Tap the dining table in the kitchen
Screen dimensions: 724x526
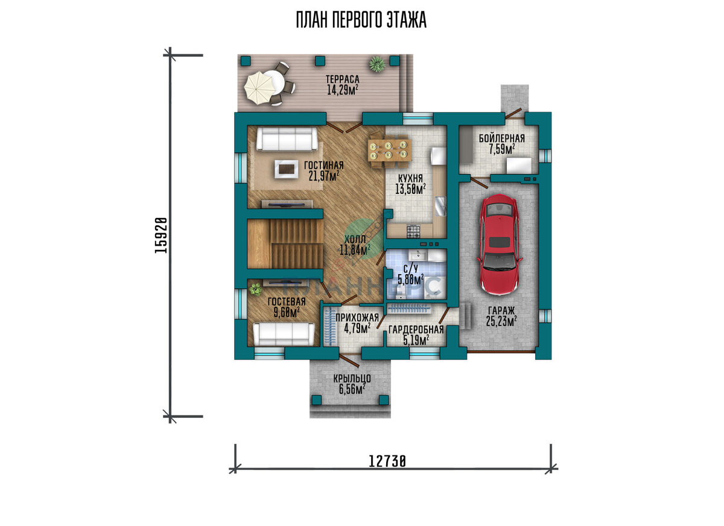(x=390, y=150)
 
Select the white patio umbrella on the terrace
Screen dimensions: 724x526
(x=259, y=88)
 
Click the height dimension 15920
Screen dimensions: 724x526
(x=161, y=235)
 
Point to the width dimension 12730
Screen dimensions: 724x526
(x=387, y=461)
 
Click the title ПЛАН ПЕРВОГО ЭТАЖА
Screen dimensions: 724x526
(x=361, y=20)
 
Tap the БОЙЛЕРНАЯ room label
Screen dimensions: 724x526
(x=501, y=138)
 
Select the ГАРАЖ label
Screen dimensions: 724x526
(x=501, y=310)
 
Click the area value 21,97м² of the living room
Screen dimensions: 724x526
(x=323, y=176)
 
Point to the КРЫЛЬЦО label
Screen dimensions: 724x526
(x=352, y=378)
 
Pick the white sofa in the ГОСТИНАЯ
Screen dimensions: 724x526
(x=287, y=138)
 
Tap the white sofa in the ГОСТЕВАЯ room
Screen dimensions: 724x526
(x=284, y=334)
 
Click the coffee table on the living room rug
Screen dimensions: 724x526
(x=287, y=168)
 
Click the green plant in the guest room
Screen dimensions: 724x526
(x=256, y=289)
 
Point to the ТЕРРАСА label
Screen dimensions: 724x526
(x=343, y=79)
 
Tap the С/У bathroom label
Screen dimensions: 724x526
(x=411, y=269)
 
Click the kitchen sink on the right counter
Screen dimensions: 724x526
(x=440, y=206)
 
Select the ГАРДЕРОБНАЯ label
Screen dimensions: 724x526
(x=416, y=330)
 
